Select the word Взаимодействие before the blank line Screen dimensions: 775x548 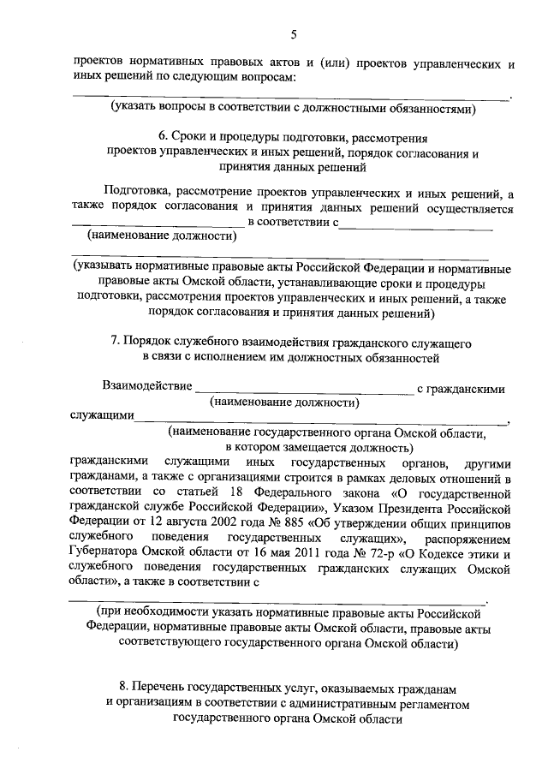click(x=146, y=387)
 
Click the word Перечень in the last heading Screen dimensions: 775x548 click(x=164, y=687)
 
